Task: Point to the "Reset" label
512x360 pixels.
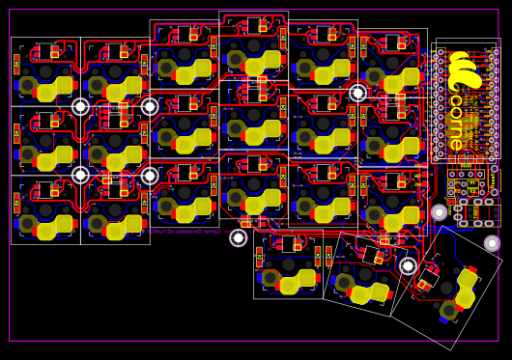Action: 494,180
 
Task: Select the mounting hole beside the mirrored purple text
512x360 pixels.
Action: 238,237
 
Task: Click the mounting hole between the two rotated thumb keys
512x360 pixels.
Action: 408,266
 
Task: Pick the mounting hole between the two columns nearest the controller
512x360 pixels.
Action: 357,93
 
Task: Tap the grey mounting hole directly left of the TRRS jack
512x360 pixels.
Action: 439,212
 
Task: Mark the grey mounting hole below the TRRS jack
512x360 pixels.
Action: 492,243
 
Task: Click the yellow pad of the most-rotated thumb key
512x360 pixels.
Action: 467,289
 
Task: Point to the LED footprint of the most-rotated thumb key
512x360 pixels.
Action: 425,283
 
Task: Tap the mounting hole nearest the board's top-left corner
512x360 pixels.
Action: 80,107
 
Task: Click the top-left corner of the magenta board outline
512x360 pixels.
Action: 10,11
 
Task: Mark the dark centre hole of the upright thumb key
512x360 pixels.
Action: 288,263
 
